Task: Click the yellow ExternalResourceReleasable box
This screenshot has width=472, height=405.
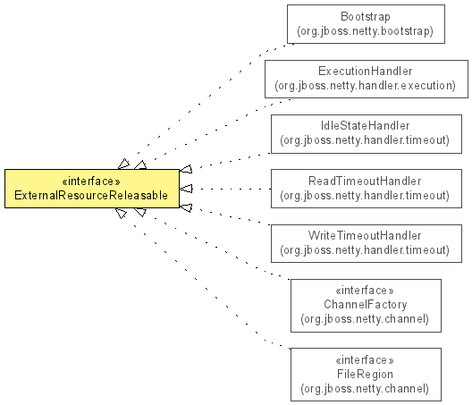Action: coord(92,189)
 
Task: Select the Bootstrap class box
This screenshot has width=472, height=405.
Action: coord(366,24)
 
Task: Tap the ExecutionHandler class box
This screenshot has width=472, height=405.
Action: coord(367,79)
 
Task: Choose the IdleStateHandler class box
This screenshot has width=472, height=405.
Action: coord(367,134)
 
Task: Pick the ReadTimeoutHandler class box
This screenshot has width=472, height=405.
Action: coord(367,189)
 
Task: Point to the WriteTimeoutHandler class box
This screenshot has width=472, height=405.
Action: coord(367,243)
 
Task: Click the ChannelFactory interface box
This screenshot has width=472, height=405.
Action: coord(366,306)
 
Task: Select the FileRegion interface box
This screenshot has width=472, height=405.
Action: coord(366,375)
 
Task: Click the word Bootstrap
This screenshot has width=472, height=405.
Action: coord(366,17)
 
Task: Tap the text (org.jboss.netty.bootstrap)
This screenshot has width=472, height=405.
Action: coord(365,31)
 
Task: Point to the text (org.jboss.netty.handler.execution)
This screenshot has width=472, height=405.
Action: coord(365,86)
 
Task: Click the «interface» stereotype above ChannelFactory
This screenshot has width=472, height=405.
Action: coord(365,291)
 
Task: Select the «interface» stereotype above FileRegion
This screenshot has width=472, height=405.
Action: coord(365,359)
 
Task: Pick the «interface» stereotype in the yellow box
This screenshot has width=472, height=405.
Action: coord(91,181)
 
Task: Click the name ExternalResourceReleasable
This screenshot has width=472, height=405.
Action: coord(91,196)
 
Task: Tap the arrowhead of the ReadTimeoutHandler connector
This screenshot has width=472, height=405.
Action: coord(186,189)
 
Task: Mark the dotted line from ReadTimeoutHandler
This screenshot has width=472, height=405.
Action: coord(232,189)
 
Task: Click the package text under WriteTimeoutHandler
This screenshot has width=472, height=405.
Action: coord(365,250)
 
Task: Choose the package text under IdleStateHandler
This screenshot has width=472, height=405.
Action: coord(365,140)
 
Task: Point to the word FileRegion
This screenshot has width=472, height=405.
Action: coord(365,374)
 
